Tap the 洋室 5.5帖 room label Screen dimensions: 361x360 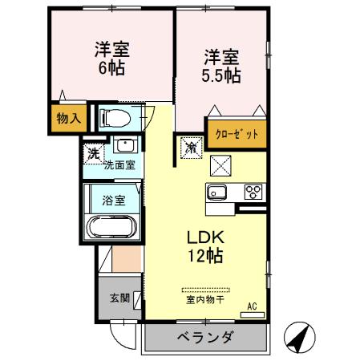[221, 66]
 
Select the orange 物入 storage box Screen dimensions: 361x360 [68, 118]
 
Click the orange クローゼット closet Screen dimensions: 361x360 [236, 134]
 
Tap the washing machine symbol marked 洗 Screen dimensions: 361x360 [93, 152]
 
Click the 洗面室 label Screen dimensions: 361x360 [119, 165]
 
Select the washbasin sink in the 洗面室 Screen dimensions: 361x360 [124, 146]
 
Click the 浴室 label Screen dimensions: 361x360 [113, 200]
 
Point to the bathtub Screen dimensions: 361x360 [112, 228]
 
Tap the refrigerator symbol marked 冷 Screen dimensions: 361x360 [192, 147]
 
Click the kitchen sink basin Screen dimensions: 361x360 [218, 192]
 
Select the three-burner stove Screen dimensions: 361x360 [254, 192]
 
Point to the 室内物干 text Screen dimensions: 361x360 [204, 301]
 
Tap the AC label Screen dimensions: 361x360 [252, 305]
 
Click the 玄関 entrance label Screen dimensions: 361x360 [119, 298]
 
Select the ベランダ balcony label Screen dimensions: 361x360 [205, 337]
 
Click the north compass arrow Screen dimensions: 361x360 [297, 337]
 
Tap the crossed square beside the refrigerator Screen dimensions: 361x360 [220, 164]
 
